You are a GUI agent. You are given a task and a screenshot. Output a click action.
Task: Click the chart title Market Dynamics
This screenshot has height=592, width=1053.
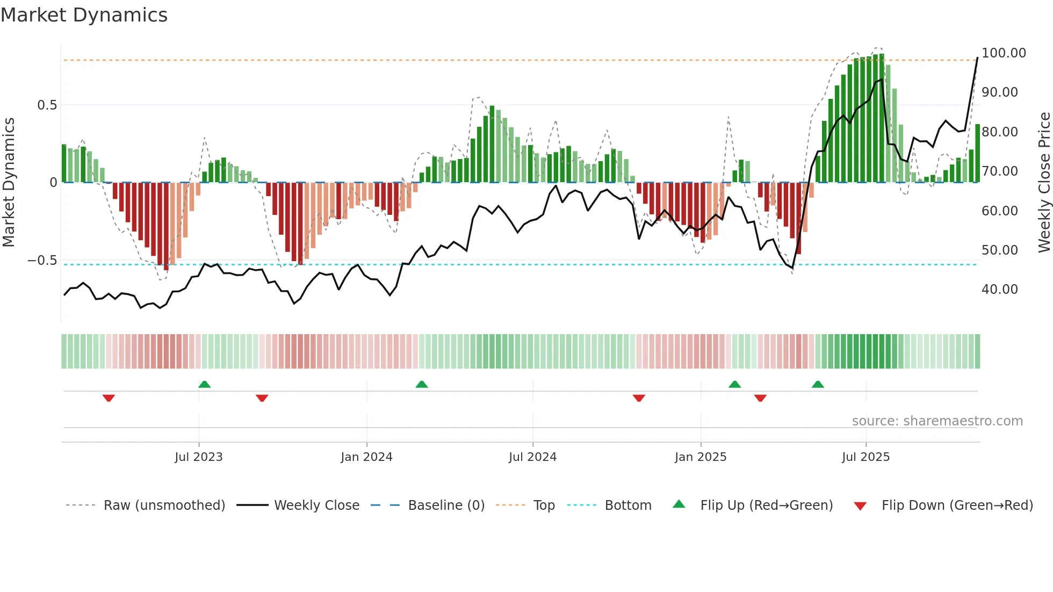pos(84,15)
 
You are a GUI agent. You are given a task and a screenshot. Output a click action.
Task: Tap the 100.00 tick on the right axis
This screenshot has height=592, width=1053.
pos(1003,53)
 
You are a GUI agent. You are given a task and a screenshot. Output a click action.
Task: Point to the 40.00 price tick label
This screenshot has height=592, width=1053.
pos(999,290)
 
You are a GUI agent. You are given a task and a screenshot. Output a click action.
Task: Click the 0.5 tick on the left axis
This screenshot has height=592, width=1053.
pos(47,105)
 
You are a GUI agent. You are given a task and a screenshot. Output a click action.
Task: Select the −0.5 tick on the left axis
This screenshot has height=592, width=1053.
pos(42,261)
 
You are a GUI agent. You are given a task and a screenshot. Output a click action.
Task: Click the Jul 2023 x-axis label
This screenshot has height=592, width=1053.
pos(198,457)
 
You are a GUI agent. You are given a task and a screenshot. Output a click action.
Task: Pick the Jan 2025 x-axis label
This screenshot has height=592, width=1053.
pos(700,457)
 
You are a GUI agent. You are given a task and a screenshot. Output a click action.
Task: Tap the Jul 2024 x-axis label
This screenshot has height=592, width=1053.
pos(532,457)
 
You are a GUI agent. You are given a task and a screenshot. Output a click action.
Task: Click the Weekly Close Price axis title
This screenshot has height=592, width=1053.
pos(1044,182)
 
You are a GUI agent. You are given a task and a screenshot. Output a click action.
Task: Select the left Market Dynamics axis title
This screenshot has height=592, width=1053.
pos(9,182)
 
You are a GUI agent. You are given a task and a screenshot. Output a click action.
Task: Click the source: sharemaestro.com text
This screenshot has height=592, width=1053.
pos(937,421)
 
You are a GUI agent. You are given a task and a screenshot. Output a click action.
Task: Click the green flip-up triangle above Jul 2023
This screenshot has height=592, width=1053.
pos(204,385)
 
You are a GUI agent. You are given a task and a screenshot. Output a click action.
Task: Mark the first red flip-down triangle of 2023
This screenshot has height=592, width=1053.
pos(109,398)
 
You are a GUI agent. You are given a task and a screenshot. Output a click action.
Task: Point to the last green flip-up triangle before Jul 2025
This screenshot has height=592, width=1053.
pos(818,385)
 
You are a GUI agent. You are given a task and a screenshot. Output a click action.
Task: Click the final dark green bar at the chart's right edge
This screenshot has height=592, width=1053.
pos(977,154)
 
